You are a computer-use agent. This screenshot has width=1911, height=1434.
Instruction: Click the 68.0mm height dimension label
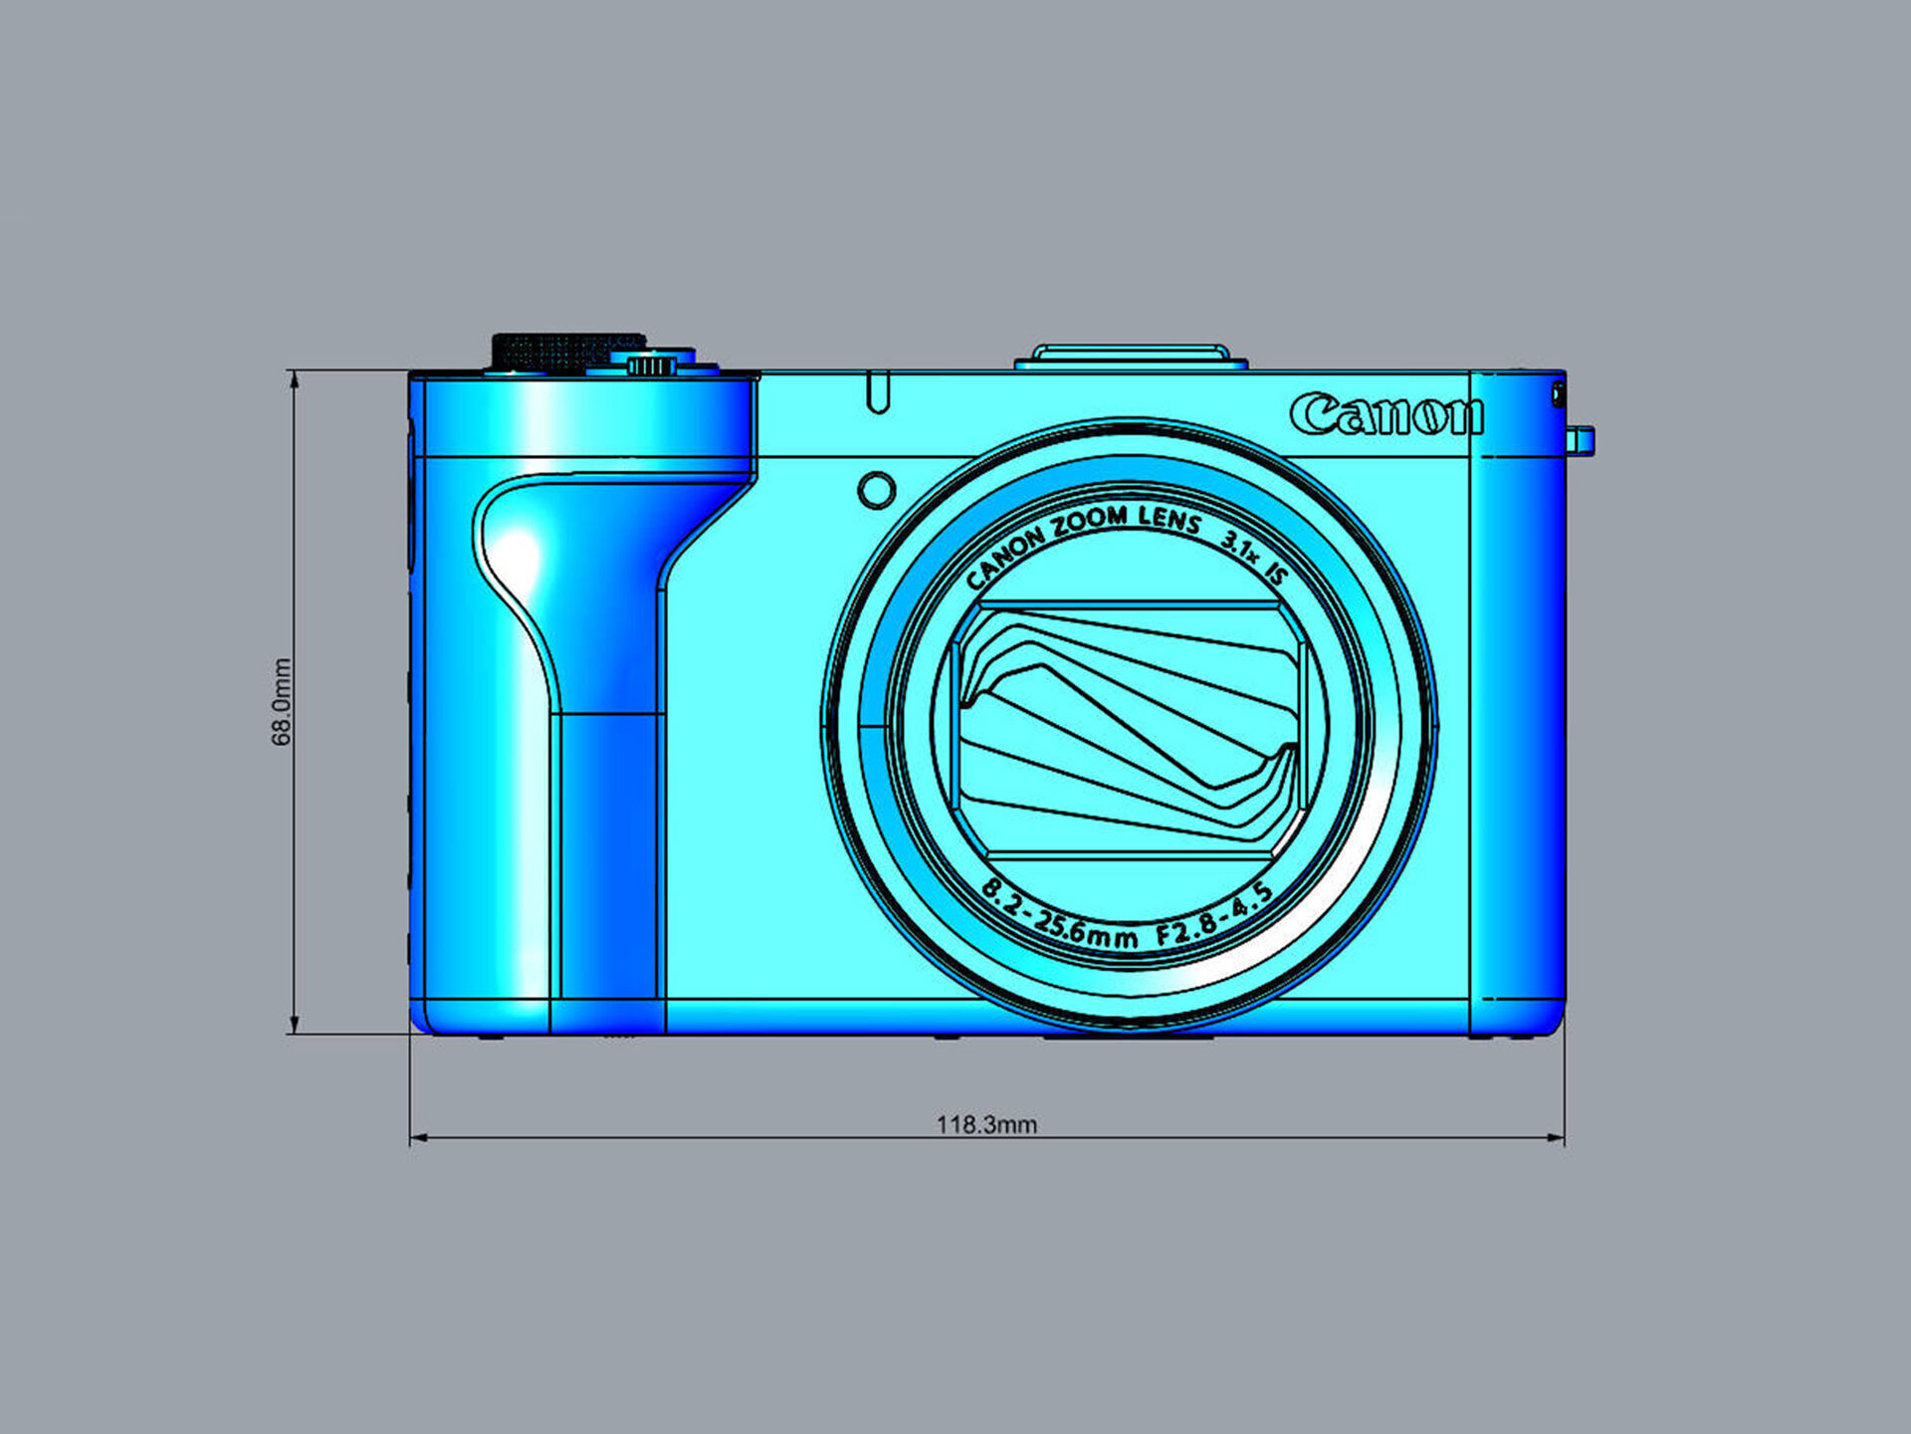click(282, 701)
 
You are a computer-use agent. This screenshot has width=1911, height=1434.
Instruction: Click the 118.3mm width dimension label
click(985, 1124)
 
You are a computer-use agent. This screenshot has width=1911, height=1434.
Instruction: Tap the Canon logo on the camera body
click(1385, 414)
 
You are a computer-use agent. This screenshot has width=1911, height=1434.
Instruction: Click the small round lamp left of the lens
click(876, 490)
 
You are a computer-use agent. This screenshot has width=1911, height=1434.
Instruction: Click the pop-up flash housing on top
click(1131, 356)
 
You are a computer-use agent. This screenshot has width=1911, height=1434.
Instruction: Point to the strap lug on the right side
click(1581, 440)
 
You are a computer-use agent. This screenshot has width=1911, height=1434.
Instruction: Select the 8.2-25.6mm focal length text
click(1058, 918)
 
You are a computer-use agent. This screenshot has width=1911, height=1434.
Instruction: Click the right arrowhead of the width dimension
click(1556, 1137)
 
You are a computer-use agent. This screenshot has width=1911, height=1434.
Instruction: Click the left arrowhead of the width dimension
click(419, 1137)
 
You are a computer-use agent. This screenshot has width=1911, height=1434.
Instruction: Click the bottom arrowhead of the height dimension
click(294, 1025)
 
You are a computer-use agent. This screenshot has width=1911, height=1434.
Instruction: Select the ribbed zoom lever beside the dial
click(652, 365)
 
